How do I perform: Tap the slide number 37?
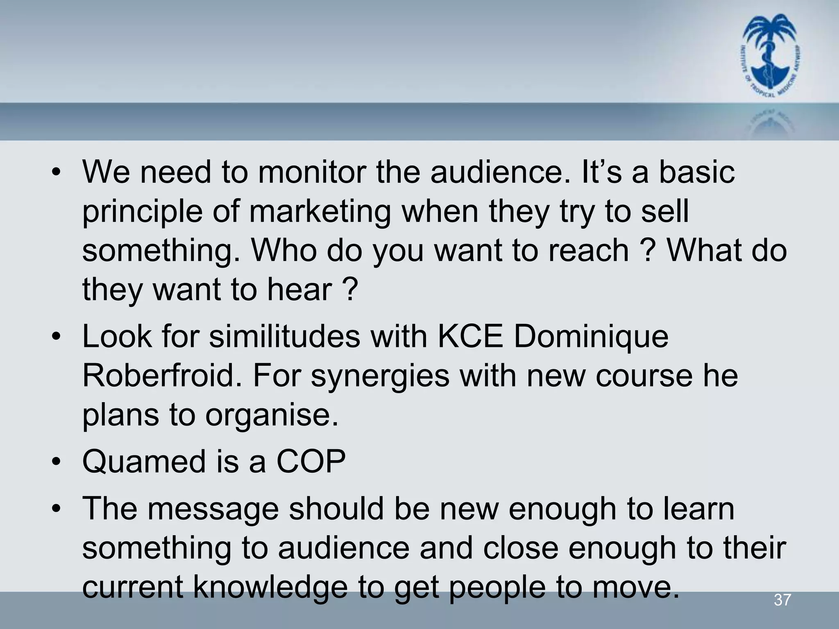782,600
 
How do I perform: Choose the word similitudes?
285,337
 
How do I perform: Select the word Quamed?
144,462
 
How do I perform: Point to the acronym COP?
311,462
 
